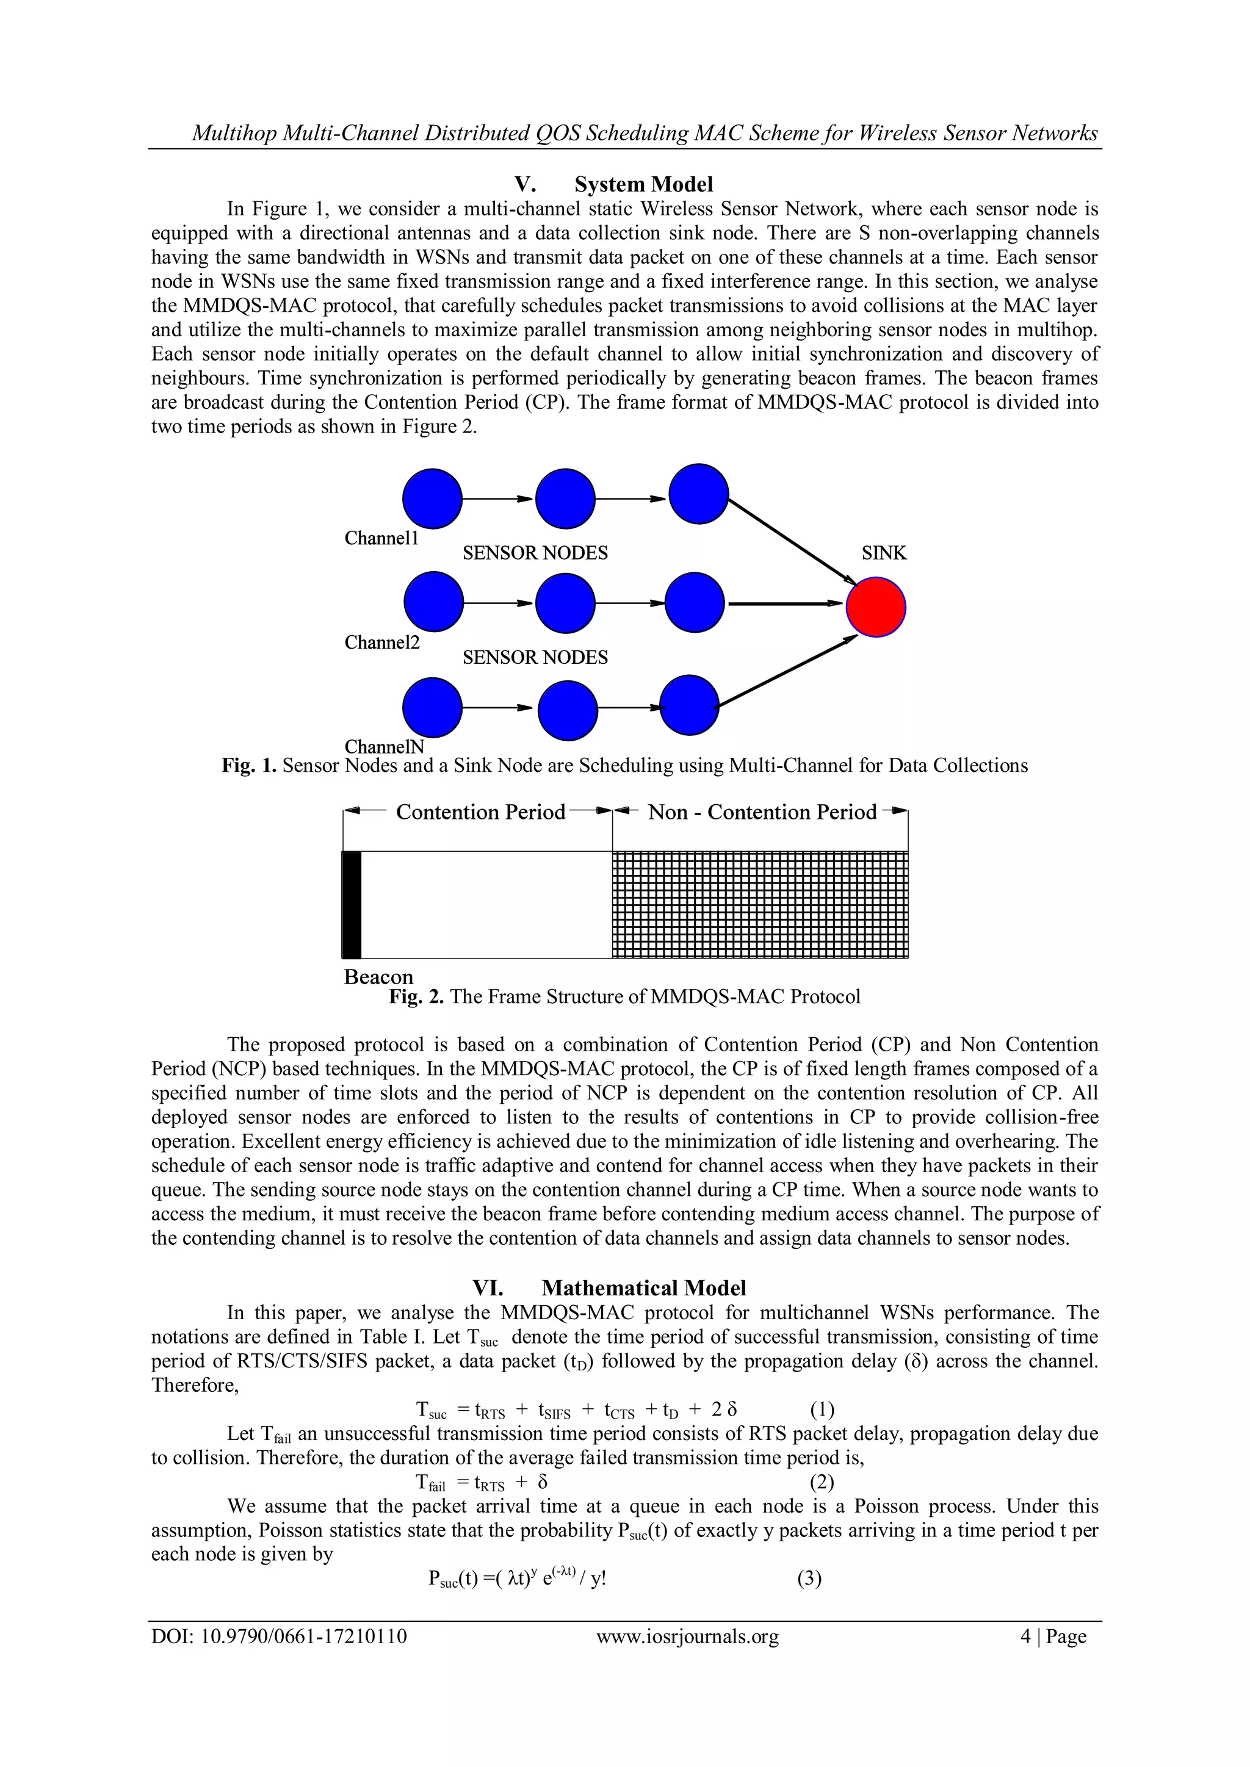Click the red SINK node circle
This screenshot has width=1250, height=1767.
click(875, 607)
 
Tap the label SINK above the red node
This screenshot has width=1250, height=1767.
click(884, 553)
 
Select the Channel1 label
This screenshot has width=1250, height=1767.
click(381, 538)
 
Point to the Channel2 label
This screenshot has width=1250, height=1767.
click(381, 642)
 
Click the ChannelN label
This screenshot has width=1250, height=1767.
click(384, 746)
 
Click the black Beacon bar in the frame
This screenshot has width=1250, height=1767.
click(352, 904)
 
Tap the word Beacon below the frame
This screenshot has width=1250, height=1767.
click(378, 977)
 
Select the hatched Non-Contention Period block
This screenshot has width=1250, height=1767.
click(760, 904)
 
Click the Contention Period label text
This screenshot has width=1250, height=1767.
click(480, 812)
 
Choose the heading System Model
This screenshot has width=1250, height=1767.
click(643, 185)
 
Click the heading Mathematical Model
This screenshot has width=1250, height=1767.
click(643, 1288)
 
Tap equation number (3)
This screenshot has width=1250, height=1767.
click(809, 1578)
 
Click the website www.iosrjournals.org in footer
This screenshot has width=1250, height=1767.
click(687, 1637)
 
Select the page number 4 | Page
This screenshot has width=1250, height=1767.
click(1053, 1637)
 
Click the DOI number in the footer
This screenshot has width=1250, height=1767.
click(279, 1637)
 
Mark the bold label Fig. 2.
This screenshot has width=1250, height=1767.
click(416, 996)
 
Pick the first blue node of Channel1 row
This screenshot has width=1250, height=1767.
click(433, 498)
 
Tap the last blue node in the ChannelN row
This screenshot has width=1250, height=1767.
click(690, 705)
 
